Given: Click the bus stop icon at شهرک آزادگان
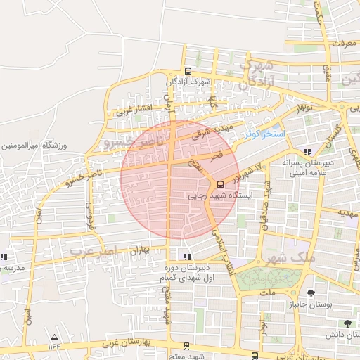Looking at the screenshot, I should click(x=188, y=71).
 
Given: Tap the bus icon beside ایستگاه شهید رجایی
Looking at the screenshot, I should click(x=221, y=185).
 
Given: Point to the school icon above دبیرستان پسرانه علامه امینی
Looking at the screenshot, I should click(x=307, y=152).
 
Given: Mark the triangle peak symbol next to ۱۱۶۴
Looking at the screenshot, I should click(x=54, y=337).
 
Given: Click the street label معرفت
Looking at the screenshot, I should click(x=333, y=44).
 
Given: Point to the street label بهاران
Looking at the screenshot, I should click(x=141, y=250).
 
